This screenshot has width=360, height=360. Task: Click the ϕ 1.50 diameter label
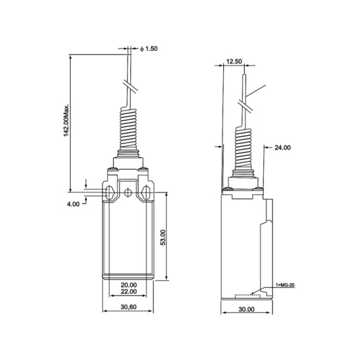(x=149, y=48)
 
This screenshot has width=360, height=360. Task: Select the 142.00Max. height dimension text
(x=66, y=121)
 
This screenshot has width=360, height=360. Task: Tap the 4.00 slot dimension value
(x=73, y=204)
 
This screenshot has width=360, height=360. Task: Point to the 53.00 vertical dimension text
(x=163, y=238)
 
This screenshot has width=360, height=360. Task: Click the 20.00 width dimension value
(x=129, y=285)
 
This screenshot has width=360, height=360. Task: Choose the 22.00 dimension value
(x=129, y=291)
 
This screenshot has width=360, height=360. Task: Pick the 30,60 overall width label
(x=128, y=307)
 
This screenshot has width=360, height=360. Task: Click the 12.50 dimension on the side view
(x=234, y=62)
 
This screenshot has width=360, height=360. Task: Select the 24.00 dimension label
(x=283, y=148)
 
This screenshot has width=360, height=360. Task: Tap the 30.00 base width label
(x=246, y=309)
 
